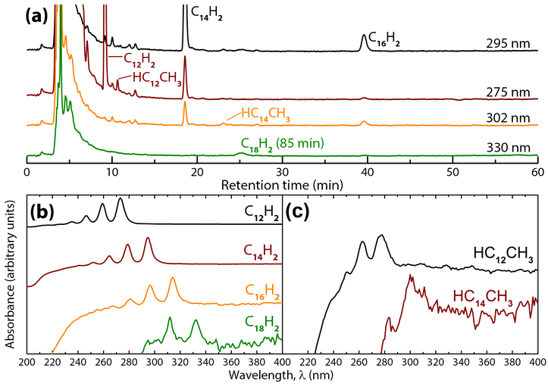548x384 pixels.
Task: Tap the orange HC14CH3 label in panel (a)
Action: (x=266, y=114)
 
